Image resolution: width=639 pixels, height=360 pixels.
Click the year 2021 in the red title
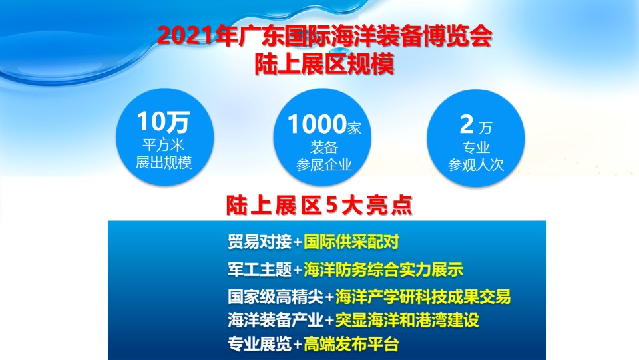186,36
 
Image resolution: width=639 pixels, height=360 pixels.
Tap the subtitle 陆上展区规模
324,63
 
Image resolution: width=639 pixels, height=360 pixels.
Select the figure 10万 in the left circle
164,122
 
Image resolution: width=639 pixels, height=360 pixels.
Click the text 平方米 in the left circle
164,145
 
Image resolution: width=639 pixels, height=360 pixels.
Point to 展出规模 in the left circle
164,162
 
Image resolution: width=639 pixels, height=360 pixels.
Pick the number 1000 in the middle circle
317,124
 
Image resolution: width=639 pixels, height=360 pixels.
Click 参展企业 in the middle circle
324,165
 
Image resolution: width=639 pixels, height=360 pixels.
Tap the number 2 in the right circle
467,124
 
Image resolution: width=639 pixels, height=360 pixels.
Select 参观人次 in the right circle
476,164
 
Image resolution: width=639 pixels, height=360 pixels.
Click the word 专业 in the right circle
476,146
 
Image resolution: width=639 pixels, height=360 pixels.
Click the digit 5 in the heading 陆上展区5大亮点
331,205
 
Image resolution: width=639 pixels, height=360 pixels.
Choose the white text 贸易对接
260,242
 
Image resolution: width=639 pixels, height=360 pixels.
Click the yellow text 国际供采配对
351,242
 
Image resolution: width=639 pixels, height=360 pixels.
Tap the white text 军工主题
260,270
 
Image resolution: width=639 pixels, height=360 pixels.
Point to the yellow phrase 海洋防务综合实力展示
383,270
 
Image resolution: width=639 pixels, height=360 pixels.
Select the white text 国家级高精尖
276,297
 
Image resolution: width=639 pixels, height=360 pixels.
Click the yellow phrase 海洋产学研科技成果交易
423,297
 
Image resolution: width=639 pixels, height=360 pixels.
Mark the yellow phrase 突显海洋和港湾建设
407,320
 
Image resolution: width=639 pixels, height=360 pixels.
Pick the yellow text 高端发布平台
351,344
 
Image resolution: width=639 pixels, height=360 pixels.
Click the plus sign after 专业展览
298,345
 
